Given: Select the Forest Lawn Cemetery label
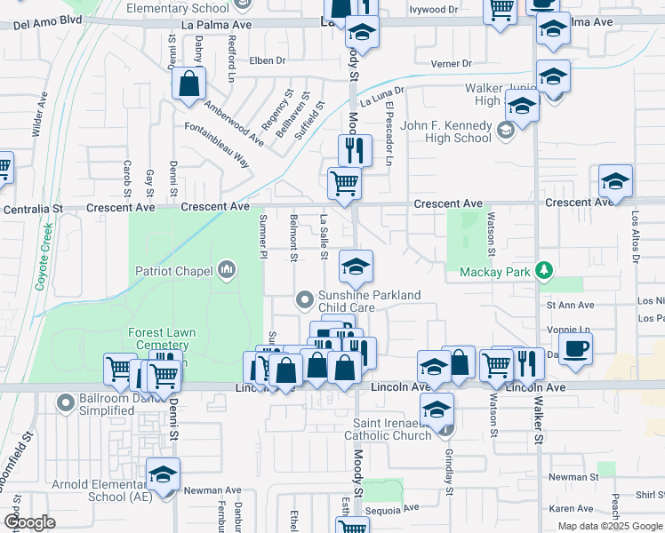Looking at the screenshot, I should coord(160,338).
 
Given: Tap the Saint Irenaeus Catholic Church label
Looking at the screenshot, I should coord(393,428).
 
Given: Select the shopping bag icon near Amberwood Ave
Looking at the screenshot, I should coord(189,84).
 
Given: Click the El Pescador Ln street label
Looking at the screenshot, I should coord(389,135).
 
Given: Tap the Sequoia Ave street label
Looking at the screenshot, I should coord(397,508).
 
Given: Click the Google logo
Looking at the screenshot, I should coord(29,522).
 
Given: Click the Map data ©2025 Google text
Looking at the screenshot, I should coord(610,526).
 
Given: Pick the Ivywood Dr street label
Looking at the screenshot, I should coord(434,10).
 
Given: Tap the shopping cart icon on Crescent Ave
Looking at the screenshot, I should coord(344,184).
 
